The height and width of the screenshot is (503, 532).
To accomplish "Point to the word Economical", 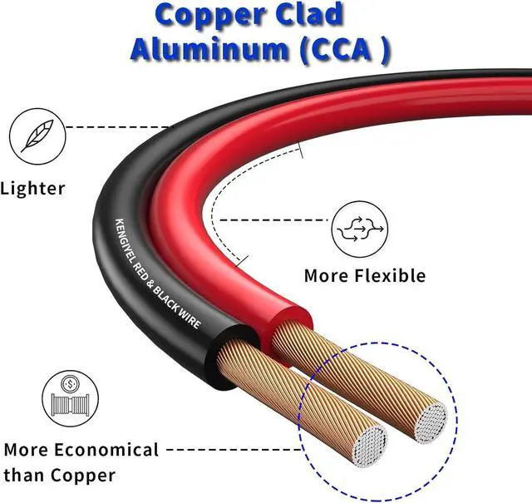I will pyautogui.click(x=107, y=450).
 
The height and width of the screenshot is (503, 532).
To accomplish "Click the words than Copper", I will pyautogui.click(x=60, y=476).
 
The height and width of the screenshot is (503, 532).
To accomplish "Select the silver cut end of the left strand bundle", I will pyautogui.click(x=368, y=445).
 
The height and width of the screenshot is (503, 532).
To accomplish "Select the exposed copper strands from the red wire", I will pyautogui.click(x=349, y=366).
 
